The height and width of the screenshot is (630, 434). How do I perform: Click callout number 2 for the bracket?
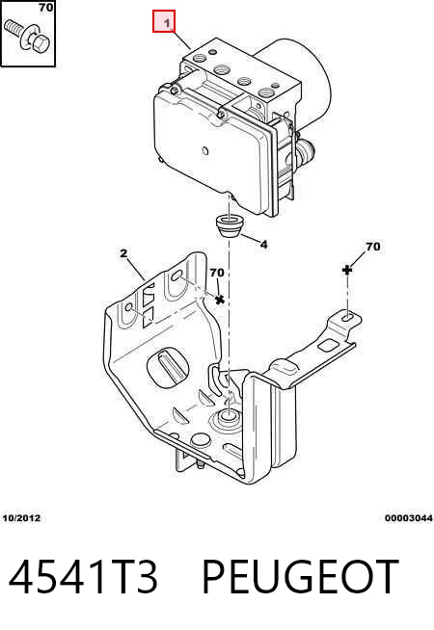[x=123, y=253]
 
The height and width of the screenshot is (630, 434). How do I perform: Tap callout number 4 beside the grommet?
[x=263, y=245]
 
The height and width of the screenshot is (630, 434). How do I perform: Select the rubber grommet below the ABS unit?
[x=230, y=225]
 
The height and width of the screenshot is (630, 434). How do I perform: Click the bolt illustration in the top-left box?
[x=27, y=37]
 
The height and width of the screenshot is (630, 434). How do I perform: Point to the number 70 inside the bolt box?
[x=45, y=8]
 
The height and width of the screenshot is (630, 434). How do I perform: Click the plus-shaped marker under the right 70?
[x=346, y=270]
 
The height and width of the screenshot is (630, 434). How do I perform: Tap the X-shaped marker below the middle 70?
[x=219, y=300]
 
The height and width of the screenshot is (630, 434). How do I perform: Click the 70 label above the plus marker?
[x=372, y=247]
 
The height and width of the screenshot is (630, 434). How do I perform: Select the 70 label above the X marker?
[x=217, y=273]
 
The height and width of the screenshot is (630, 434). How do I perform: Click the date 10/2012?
[x=22, y=518]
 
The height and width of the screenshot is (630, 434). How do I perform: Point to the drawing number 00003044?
[x=409, y=518]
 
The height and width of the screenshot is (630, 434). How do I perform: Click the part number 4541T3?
[x=83, y=577]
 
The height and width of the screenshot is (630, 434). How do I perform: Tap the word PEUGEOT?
[x=300, y=577]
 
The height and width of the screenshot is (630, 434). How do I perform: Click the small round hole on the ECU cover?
[x=204, y=151]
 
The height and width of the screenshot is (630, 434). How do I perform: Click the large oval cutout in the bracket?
[x=168, y=366]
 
